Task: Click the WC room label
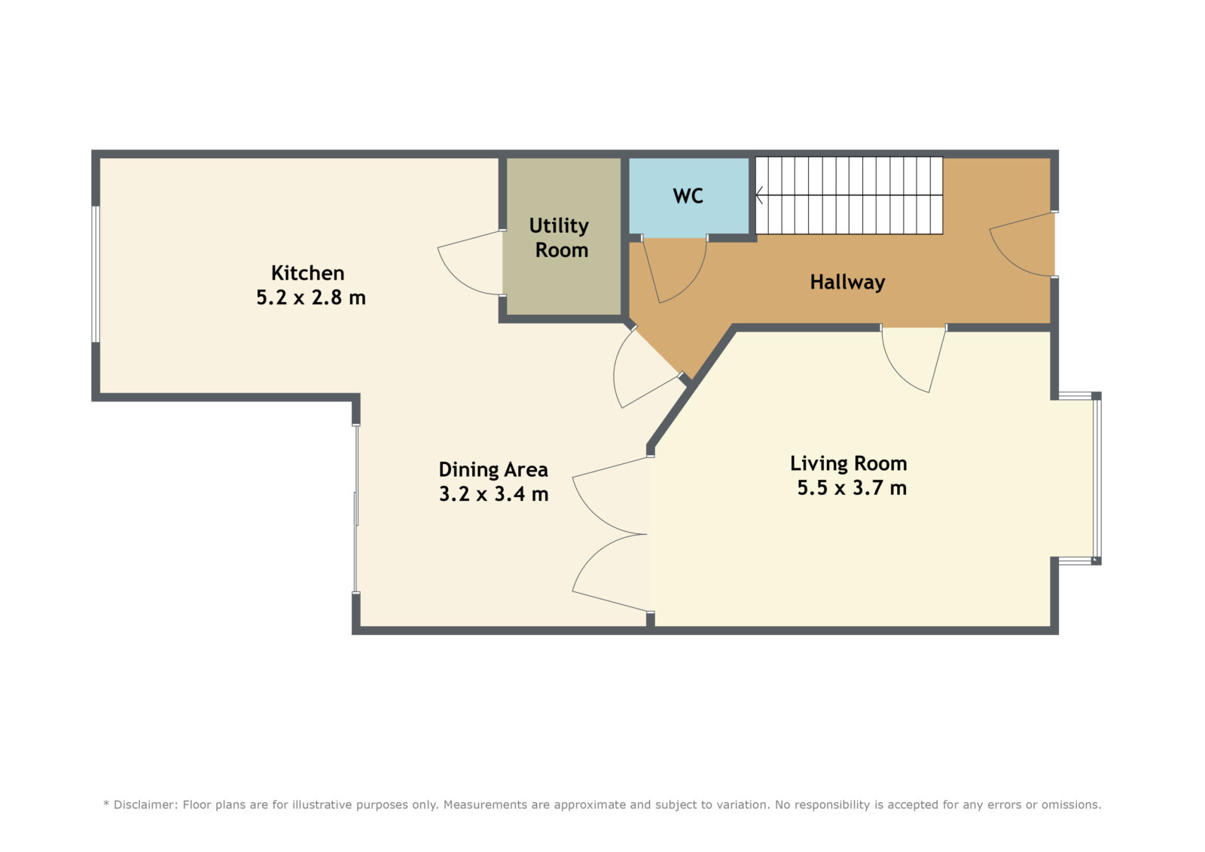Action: pyautogui.click(x=688, y=196)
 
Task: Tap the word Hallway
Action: pyautogui.click(x=847, y=282)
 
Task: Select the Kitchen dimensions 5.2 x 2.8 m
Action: pyautogui.click(x=311, y=298)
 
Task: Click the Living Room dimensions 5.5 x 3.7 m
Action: pyautogui.click(x=852, y=488)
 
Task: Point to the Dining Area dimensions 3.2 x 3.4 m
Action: pyautogui.click(x=494, y=494)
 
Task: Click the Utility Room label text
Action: pyautogui.click(x=560, y=238)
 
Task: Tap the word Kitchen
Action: pyautogui.click(x=308, y=273)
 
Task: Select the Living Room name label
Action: pyautogui.click(x=848, y=463)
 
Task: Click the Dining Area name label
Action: pyautogui.click(x=493, y=469)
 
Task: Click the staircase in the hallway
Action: pyautogui.click(x=849, y=195)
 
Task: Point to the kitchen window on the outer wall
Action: pyautogui.click(x=95, y=274)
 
